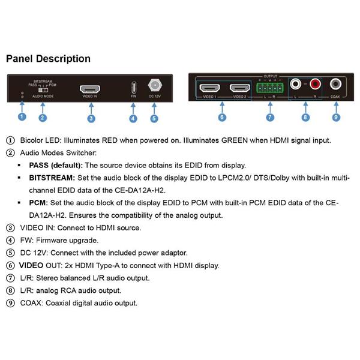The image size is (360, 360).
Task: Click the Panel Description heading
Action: coord(48,59)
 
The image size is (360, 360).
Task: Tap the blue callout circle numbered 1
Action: coord(22,116)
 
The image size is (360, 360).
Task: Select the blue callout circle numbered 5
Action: coord(154,118)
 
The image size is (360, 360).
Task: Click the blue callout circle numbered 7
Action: coord(270,118)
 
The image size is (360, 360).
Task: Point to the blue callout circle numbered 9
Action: coord(336,118)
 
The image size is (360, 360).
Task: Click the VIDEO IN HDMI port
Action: coord(90,89)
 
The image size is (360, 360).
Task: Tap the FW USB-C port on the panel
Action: coord(134,88)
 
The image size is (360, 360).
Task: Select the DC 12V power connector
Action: coord(155,85)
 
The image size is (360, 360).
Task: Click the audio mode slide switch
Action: coord(43,90)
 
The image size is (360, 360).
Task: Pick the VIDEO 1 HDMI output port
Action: coord(209,88)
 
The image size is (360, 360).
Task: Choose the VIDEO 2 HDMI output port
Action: coord(239,88)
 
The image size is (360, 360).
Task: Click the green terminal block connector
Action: coord(270,88)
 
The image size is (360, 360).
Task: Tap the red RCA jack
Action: coord(315,84)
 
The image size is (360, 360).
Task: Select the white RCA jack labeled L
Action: coord(295,84)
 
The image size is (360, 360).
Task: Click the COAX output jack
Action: coord(335,84)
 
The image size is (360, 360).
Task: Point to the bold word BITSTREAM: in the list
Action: coord(52,178)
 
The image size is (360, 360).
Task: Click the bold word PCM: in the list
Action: coord(38,203)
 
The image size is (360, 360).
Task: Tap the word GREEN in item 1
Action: coord(235,140)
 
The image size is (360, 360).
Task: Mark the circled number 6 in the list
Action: coord(10,265)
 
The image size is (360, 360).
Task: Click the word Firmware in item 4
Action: coord(52,241)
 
